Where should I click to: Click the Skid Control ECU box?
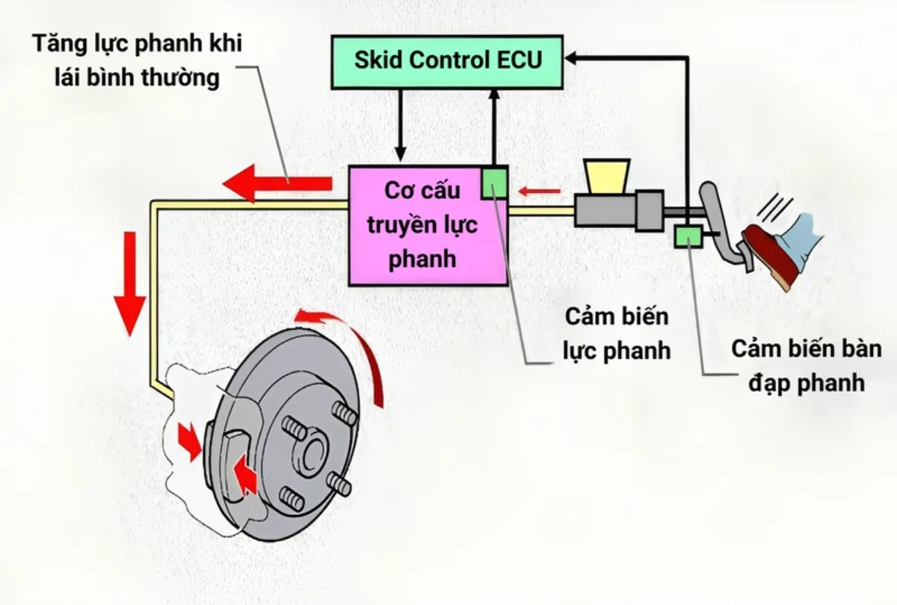point(447,61)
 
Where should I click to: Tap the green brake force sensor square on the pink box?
point(494,182)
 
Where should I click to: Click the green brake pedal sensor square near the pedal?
point(686,236)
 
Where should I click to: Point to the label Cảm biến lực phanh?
point(616,334)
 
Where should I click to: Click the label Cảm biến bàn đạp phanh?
point(798,366)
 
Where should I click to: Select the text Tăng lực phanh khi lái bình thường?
point(138,61)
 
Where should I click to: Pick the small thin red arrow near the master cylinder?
point(540,192)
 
